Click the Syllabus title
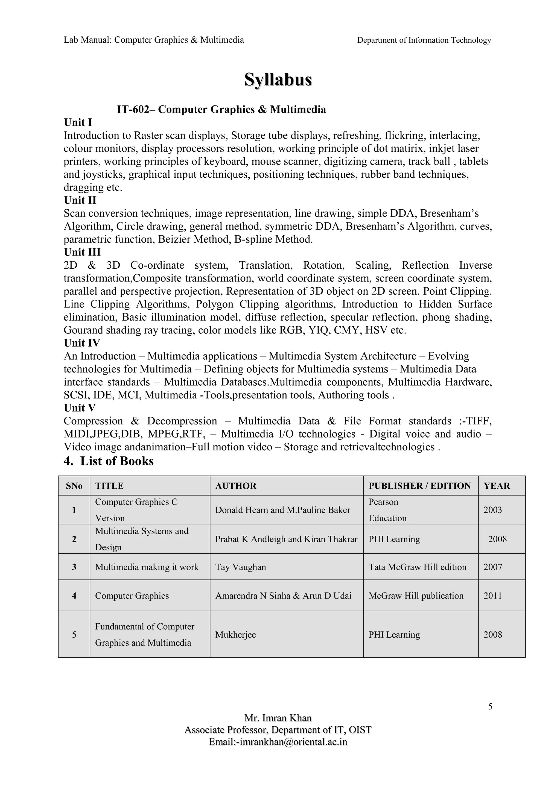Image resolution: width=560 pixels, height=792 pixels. (x=278, y=80)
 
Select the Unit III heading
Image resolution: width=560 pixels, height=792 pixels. (x=82, y=252)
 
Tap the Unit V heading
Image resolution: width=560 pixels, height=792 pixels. (x=80, y=408)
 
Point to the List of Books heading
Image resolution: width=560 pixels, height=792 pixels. (x=109, y=461)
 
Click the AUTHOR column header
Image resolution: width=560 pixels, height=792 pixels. (x=236, y=486)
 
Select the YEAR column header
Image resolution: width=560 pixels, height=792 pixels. (x=497, y=486)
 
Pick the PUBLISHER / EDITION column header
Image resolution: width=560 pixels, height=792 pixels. (x=419, y=486)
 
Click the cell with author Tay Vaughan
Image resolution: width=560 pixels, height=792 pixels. (x=241, y=567)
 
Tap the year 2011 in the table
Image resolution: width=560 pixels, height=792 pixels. (x=492, y=596)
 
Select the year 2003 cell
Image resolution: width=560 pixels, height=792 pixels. (x=492, y=510)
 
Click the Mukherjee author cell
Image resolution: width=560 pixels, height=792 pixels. (x=235, y=635)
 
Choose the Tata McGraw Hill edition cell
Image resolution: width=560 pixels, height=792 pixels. (x=417, y=567)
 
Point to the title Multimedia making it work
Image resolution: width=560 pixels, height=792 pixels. (x=147, y=567)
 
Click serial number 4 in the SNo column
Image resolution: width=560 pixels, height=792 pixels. (x=74, y=596)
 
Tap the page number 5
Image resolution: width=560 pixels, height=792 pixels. (x=490, y=707)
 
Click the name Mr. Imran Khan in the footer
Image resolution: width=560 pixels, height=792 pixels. (x=278, y=718)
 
